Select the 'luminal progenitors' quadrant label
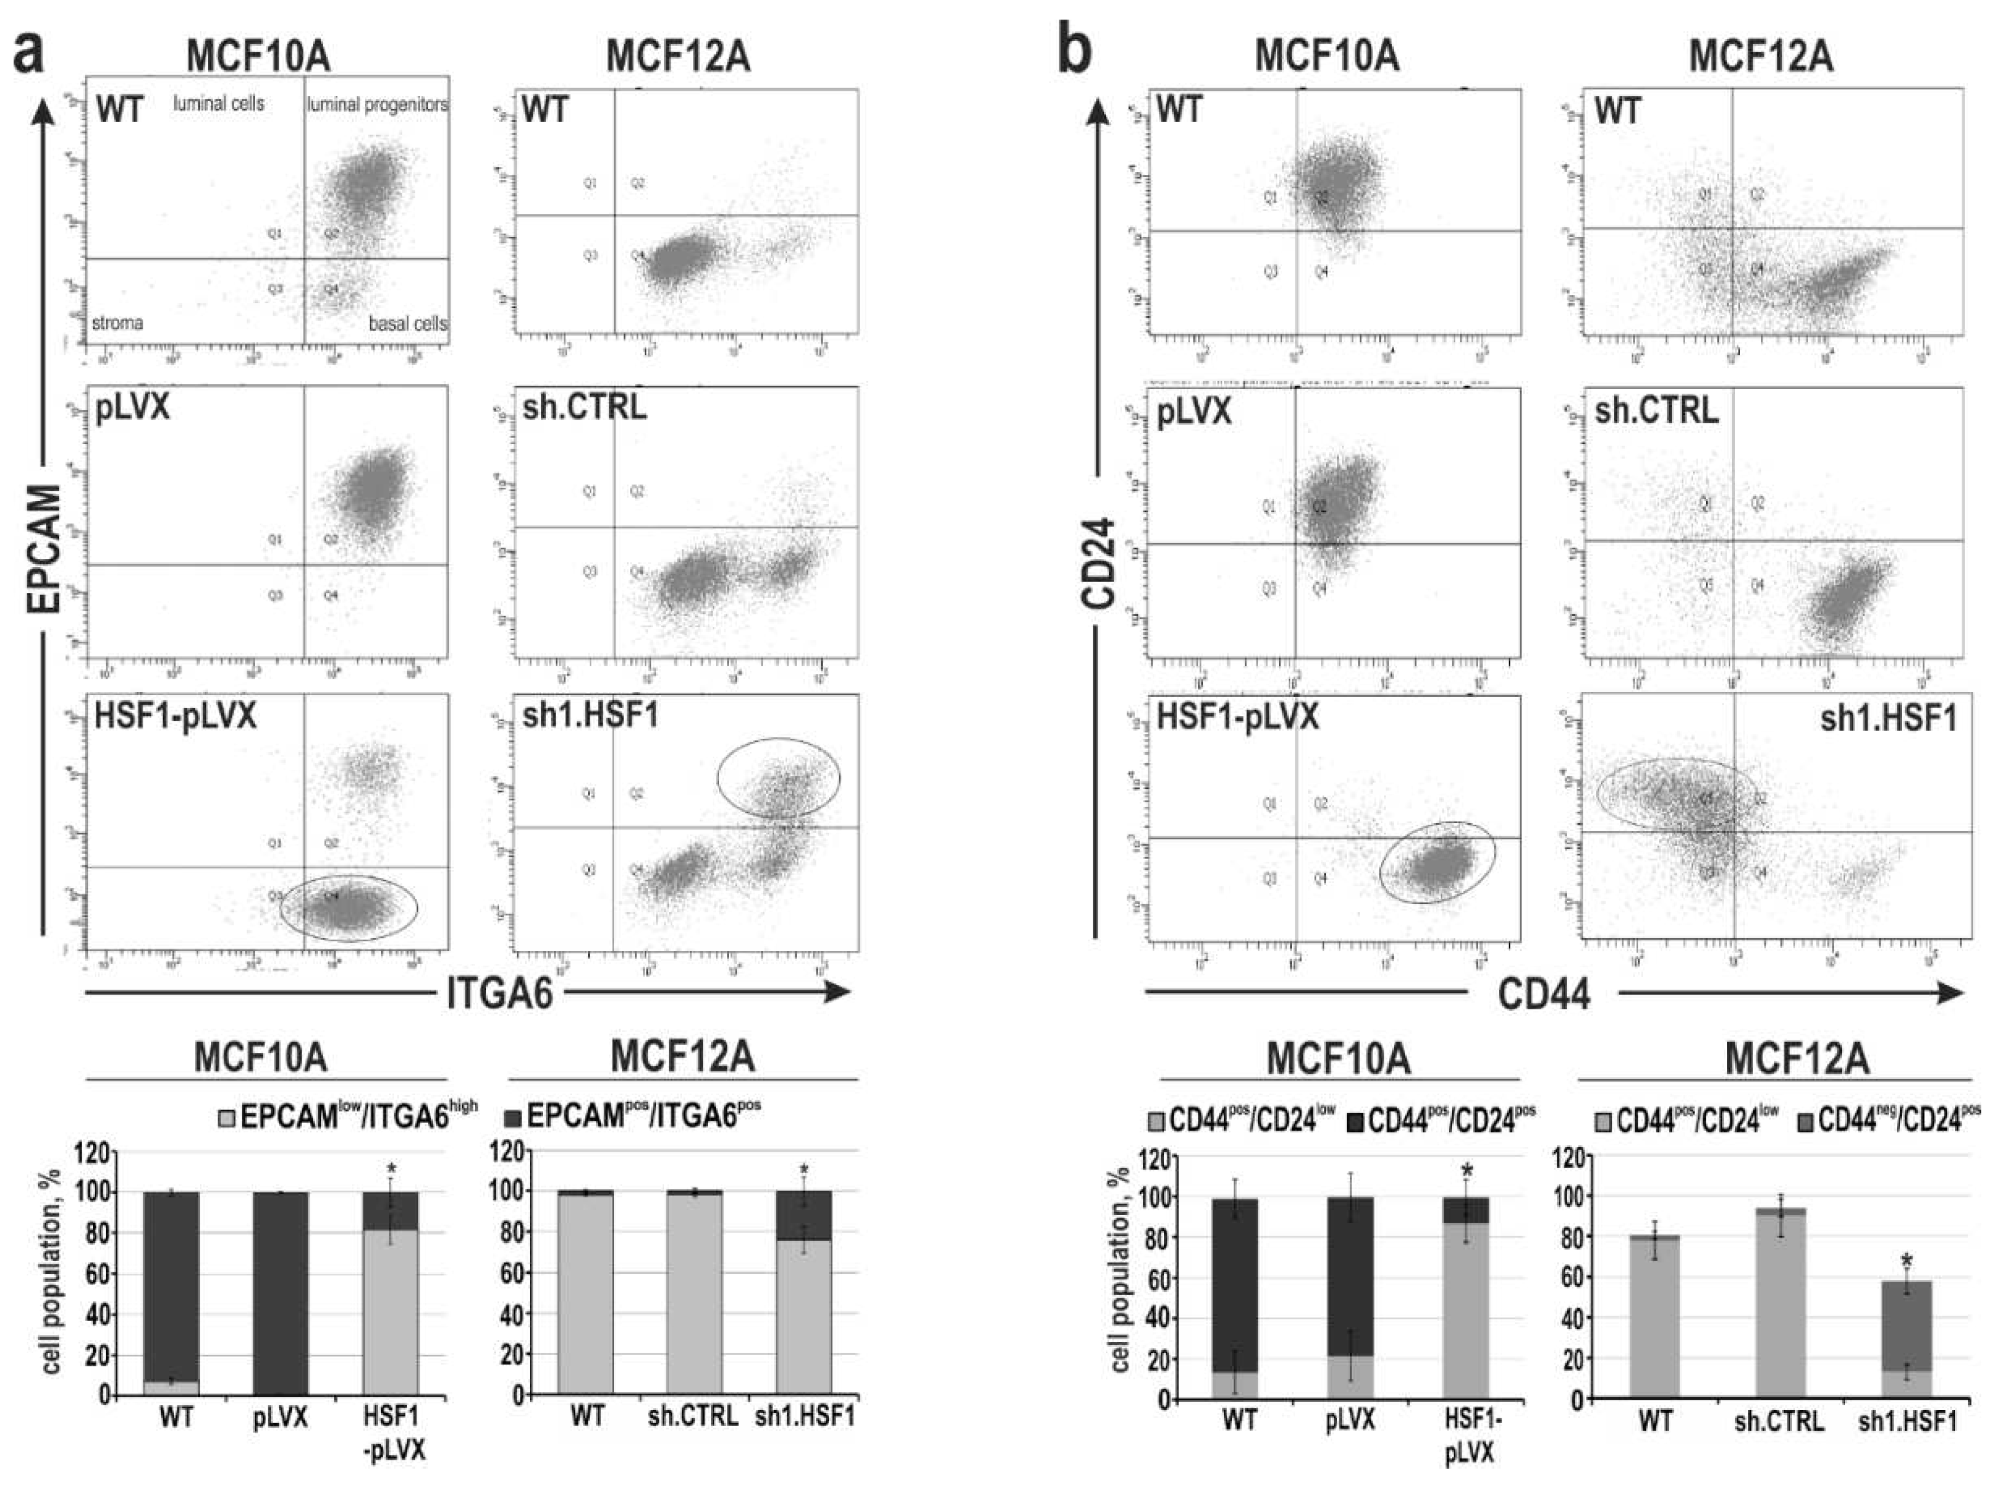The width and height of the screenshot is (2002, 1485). click(377, 105)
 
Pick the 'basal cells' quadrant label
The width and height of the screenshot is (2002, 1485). click(407, 323)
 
